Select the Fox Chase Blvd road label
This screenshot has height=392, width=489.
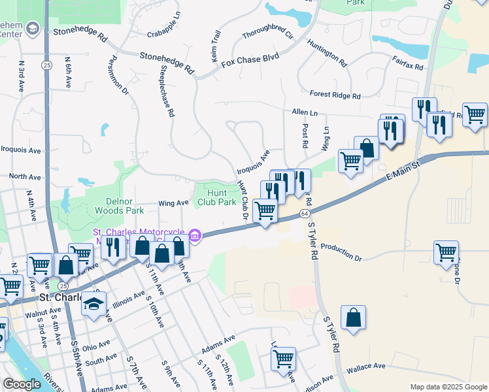[250, 61]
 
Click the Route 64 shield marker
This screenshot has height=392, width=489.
[305, 214]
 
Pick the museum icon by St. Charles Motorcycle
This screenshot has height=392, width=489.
[195, 235]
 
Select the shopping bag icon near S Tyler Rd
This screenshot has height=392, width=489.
[353, 319]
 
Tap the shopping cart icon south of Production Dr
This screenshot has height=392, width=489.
[283, 358]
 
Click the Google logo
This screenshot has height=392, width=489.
[22, 384]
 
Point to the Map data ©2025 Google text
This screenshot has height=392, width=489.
[448, 387]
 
